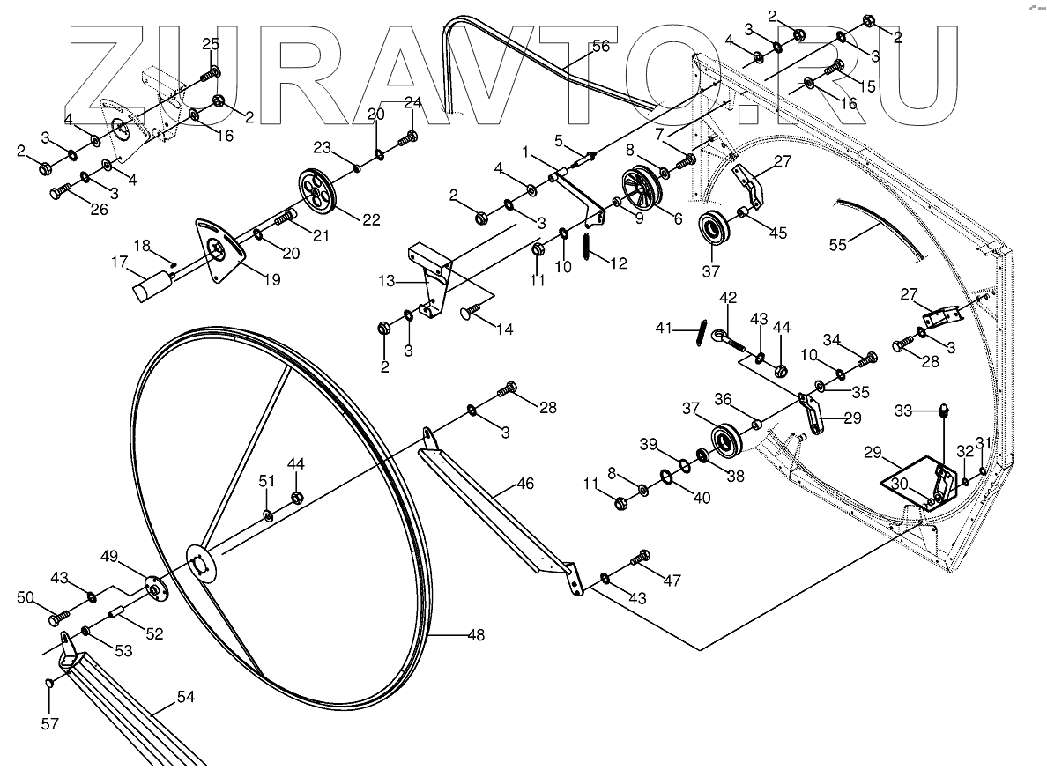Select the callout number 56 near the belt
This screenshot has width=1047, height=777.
tap(600, 46)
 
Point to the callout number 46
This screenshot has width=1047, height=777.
tap(525, 484)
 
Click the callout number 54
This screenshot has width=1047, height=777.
tap(185, 698)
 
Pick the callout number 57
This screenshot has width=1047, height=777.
tap(50, 723)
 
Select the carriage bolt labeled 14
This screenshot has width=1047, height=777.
tap(472, 309)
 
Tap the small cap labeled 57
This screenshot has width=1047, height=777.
tap(50, 683)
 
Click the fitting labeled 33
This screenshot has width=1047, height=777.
tap(944, 411)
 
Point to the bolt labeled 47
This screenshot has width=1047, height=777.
tap(641, 558)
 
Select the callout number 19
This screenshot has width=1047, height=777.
tap(271, 280)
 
